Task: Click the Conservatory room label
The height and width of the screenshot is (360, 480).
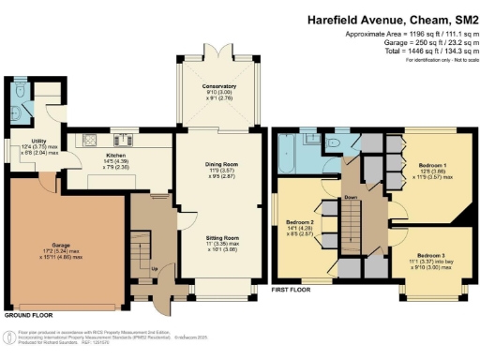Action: (x=219, y=86)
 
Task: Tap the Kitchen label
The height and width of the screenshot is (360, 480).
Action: (x=115, y=155)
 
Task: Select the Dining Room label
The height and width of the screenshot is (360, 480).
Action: (x=219, y=165)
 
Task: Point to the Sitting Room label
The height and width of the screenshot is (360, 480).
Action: (x=219, y=239)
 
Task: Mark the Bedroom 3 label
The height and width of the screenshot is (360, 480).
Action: (x=430, y=255)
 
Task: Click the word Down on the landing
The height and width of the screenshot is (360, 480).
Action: (x=352, y=198)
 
